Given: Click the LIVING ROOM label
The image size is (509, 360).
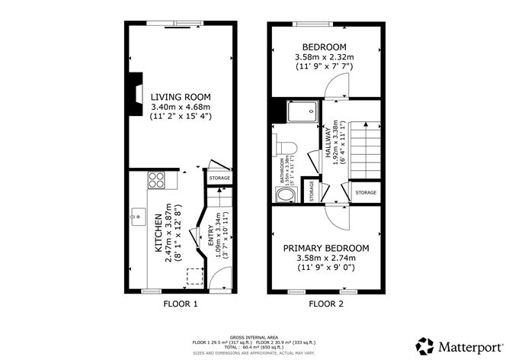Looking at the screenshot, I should coord(180,97).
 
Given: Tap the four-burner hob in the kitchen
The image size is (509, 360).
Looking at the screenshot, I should coord(156,181).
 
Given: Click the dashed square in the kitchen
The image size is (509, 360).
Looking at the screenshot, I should coord(194,275).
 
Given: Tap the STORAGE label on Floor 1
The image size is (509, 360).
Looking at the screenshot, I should coord(219,178).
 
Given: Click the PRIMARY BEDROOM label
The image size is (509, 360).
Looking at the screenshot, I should coord(326,249).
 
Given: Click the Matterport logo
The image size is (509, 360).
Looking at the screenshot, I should coord(457,343).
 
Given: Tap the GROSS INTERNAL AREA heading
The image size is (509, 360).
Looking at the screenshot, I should coord(254,335).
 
